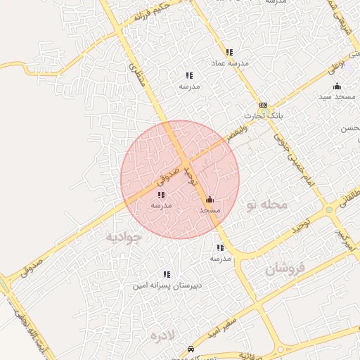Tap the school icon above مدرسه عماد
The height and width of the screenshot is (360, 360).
point(229,52)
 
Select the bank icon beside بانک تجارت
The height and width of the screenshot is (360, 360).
point(263,104)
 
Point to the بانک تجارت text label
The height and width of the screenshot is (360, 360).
point(258,115)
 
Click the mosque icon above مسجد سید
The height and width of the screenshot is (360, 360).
point(337,86)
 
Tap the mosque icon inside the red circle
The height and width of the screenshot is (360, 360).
point(210,199)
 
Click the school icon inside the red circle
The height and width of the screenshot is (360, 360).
point(161,195)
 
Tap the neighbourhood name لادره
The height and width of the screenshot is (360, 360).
point(166,335)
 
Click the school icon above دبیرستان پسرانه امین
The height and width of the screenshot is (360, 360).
point(167,274)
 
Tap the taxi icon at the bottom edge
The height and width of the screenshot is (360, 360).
point(191,349)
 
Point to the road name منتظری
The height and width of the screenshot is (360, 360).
point(135,72)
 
